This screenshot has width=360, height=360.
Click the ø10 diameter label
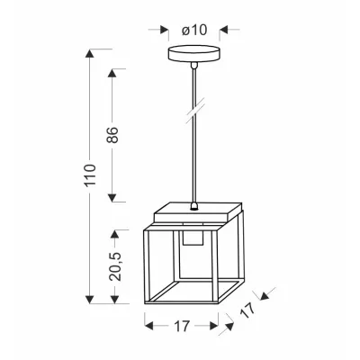[194, 30]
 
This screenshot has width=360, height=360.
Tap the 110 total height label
[90, 175]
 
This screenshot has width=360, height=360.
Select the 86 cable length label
[113, 135]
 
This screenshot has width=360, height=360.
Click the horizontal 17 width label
[182, 326]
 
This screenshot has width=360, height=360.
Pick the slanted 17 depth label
[247, 310]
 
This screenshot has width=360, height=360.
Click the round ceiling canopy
[193, 54]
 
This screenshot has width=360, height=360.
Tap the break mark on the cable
[195, 110]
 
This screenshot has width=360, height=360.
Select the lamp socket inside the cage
[193, 238]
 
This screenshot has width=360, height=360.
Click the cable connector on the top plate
[194, 206]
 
